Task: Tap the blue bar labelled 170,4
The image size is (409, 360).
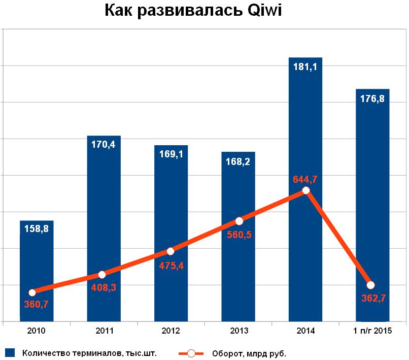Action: [x=104, y=213]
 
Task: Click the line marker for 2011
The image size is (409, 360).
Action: [x=101, y=275]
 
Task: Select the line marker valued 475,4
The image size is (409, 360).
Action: [x=171, y=251]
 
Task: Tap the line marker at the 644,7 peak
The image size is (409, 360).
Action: [x=305, y=190]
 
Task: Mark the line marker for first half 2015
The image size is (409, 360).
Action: [x=370, y=285]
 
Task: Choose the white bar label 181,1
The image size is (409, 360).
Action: [x=305, y=67]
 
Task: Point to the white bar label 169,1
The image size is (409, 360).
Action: [x=171, y=154]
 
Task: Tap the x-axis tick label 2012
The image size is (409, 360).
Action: [x=171, y=331]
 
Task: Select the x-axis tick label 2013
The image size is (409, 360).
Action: [x=238, y=331]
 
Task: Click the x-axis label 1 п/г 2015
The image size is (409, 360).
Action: [x=372, y=331]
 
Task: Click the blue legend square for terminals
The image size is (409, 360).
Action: [x=10, y=352]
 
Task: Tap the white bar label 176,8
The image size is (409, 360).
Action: [x=372, y=99]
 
